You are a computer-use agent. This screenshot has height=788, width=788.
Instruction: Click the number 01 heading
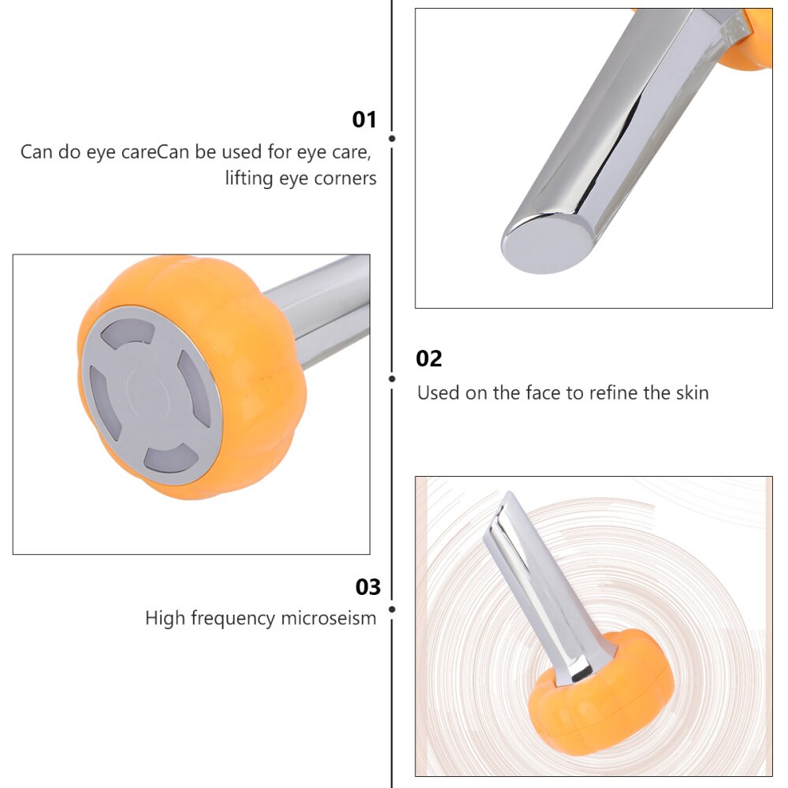(364, 120)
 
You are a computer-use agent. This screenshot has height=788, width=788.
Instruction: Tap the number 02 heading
(429, 359)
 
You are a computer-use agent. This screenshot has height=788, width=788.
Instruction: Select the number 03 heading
(368, 587)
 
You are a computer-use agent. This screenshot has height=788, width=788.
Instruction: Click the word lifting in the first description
(246, 179)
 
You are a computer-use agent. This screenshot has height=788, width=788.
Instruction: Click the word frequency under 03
(229, 619)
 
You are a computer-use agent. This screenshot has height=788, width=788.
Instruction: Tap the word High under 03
(163, 619)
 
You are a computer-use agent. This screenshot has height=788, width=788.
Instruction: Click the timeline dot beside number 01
(392, 139)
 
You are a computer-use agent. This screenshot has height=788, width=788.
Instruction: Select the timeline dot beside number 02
(392, 378)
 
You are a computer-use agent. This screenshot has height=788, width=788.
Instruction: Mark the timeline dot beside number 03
(392, 608)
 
